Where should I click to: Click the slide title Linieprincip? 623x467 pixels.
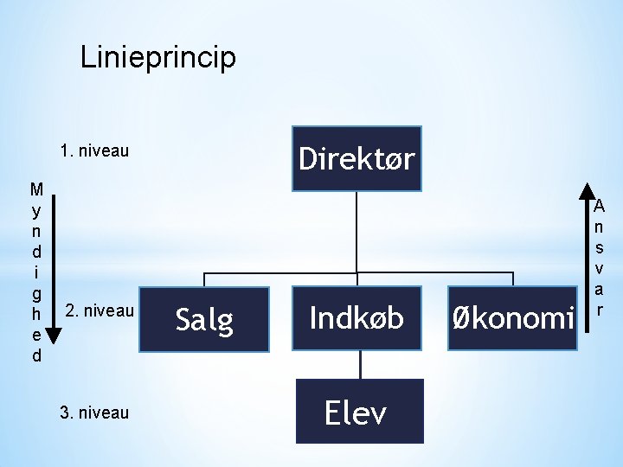point(157,58)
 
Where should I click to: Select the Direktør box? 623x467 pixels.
point(356,159)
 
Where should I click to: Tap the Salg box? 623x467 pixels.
point(204,320)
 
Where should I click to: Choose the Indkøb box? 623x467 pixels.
point(356,318)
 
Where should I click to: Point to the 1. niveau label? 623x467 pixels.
point(94,151)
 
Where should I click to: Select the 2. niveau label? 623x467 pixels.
point(100,310)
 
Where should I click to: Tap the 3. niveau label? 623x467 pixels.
point(94,413)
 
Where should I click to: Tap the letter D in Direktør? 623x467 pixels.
point(307,159)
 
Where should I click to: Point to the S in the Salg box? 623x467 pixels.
point(183,320)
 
